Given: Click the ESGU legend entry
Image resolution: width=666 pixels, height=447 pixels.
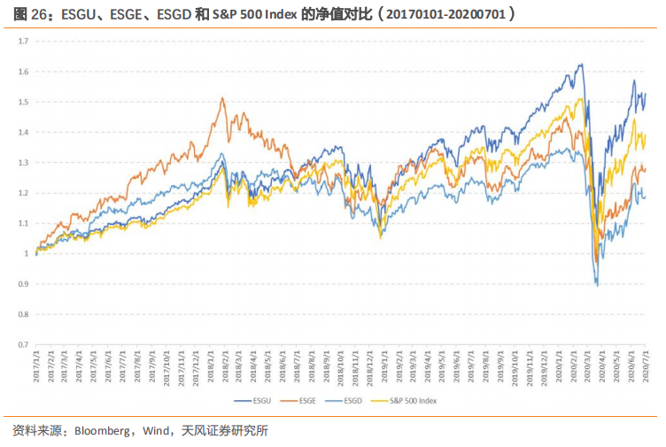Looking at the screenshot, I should click(259, 401).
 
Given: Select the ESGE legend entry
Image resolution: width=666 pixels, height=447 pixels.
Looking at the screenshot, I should click(307, 401).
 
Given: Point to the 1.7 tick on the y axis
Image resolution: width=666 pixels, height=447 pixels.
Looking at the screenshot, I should click(24, 42).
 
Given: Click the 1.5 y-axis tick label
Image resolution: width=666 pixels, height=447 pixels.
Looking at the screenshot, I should click(24, 102).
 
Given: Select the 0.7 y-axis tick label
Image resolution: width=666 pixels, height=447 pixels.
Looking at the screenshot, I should click(24, 343).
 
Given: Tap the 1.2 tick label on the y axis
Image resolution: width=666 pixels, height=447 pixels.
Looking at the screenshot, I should click(24, 193).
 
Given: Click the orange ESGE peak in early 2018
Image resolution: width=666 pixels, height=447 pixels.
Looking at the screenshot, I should click(222, 98).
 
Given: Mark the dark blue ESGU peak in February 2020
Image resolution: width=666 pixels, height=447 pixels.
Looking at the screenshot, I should click(580, 65).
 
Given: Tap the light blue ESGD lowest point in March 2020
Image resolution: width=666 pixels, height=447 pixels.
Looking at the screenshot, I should click(597, 284).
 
